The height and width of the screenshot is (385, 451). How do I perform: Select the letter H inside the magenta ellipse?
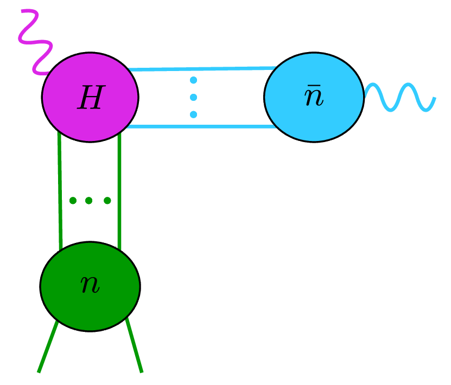pyautogui.click(x=90, y=99)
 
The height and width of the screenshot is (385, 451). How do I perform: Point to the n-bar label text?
pyautogui.click(x=314, y=99)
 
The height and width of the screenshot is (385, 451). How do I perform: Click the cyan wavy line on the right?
pyautogui.click(x=402, y=98)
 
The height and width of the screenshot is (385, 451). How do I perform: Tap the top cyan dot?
pyautogui.click(x=193, y=81)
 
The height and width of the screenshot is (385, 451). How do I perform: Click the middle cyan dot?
pyautogui.click(x=193, y=98)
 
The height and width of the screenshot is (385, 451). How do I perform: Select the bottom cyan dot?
pyautogui.click(x=193, y=114)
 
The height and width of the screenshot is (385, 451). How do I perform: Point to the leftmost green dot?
pyautogui.click(x=73, y=201)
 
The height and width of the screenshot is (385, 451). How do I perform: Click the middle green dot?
pyautogui.click(x=90, y=201)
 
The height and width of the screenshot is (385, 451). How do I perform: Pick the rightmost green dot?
pyautogui.click(x=107, y=201)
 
